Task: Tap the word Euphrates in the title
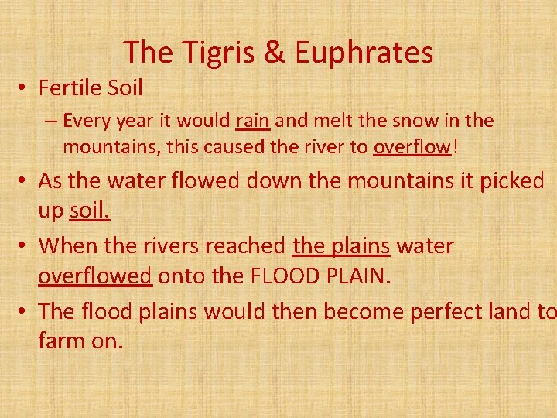click(364, 53)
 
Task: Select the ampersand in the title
click(275, 53)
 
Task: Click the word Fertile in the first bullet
click(70, 88)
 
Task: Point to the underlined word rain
click(251, 121)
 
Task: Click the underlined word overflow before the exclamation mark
click(412, 146)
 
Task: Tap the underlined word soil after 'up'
click(90, 211)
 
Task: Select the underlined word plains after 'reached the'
click(363, 246)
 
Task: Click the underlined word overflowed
click(95, 276)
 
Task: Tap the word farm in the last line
click(62, 341)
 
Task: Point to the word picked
click(507, 181)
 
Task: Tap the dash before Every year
click(52, 122)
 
